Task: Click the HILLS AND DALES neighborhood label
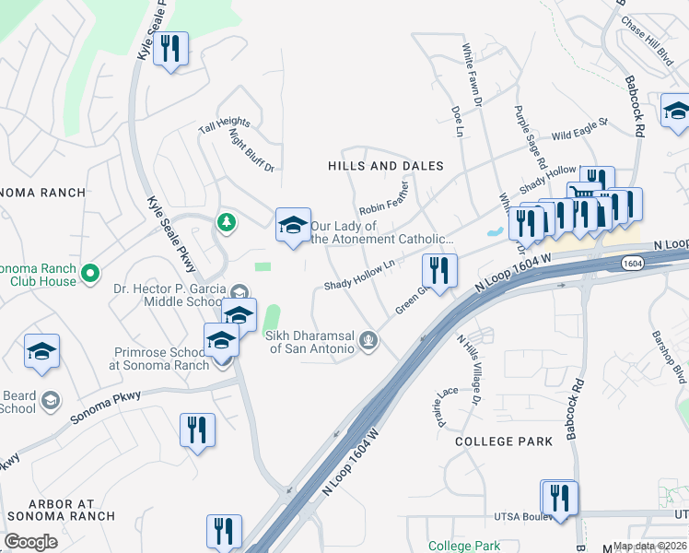386,166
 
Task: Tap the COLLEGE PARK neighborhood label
504,441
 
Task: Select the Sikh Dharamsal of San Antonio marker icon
368,342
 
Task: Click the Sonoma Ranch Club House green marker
89,274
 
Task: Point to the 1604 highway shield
632,264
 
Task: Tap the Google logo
30,542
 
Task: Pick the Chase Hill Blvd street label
647,40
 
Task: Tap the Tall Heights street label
224,126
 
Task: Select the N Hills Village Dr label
469,368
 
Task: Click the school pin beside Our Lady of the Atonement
293,225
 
